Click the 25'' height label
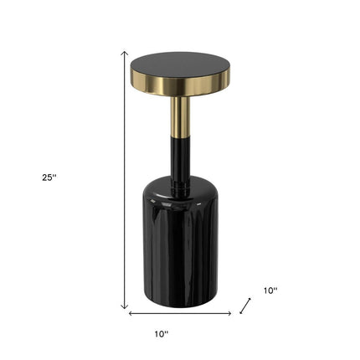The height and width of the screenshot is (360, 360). tap(49, 177)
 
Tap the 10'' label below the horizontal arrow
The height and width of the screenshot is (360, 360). tap(162, 334)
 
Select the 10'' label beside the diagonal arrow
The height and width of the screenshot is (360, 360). tap(270, 291)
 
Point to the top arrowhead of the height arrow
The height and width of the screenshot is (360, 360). tap(124, 53)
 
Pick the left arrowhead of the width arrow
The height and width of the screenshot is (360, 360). tap(131, 313)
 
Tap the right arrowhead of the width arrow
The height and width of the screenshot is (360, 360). tap(229, 313)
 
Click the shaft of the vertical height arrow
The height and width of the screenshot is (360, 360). tap(124, 180)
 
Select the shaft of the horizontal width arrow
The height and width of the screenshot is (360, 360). tap(180, 313)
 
